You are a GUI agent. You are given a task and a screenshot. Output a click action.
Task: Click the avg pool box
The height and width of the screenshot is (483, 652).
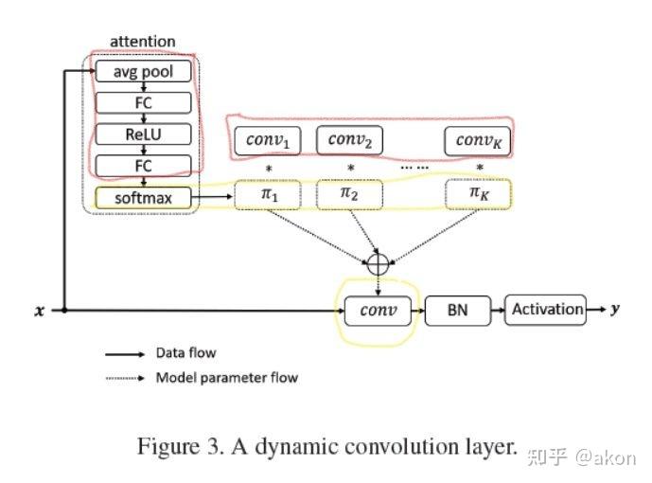pyautogui.click(x=144, y=71)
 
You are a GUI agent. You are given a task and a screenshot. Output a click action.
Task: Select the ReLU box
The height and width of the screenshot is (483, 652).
pyautogui.click(x=144, y=134)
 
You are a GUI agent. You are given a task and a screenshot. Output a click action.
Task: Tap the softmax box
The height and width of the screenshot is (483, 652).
pyautogui.click(x=144, y=197)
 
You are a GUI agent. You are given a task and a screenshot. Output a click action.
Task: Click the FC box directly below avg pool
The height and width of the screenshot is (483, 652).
pyautogui.click(x=144, y=102)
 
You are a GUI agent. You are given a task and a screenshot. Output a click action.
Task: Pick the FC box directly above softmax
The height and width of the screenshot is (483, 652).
pyautogui.click(x=144, y=165)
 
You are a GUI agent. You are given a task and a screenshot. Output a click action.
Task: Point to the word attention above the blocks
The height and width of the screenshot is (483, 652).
pyautogui.click(x=143, y=42)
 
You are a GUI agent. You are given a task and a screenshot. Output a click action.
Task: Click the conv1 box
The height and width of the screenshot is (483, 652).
pyautogui.click(x=267, y=141)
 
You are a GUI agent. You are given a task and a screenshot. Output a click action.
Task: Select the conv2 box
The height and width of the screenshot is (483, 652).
pyautogui.click(x=349, y=140)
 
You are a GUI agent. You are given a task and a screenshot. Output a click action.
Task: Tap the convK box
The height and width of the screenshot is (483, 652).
pyautogui.click(x=478, y=141)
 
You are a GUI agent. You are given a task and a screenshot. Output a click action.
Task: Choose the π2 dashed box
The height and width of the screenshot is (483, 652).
pyautogui.click(x=349, y=195)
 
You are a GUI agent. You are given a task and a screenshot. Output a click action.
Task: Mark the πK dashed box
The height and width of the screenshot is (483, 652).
pyautogui.click(x=478, y=195)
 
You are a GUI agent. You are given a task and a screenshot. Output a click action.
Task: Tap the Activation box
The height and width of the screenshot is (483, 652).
pyautogui.click(x=546, y=309)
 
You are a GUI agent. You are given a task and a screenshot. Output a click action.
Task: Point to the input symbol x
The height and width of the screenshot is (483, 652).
pyautogui.click(x=40, y=311)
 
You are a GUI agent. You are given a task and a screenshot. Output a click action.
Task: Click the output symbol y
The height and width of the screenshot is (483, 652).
pyautogui.click(x=614, y=309)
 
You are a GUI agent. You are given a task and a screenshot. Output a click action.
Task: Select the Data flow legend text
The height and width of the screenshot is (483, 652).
pyautogui.click(x=185, y=353)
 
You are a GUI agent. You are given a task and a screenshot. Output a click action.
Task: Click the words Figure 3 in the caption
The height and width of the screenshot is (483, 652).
pyautogui.click(x=175, y=446)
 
